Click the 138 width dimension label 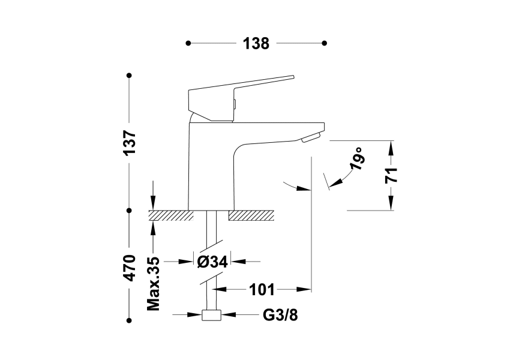point(256,43)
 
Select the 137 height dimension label point(130,143)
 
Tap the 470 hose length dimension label point(130,267)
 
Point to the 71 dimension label point(391,175)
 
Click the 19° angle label point(358,159)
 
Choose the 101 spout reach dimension point(262,290)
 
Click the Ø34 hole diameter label point(211,262)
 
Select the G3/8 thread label point(280,314)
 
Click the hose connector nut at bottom point(211,316)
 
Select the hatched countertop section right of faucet point(251,215)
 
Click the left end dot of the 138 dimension point(188,43)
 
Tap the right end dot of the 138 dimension point(325,43)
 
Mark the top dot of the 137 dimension point(129,76)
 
